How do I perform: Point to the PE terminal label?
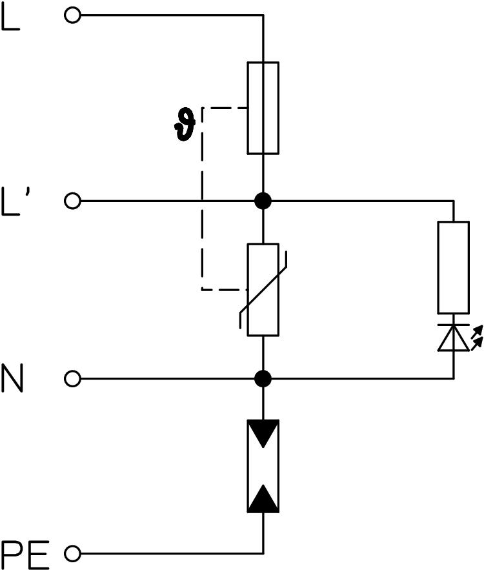coord(25,553)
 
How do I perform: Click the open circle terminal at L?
coord(73,15)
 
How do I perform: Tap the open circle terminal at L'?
coord(73,201)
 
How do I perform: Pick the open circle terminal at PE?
coord(73,553)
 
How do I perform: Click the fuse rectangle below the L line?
coord(263,108)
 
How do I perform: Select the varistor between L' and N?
coord(263,290)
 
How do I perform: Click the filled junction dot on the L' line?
coord(263,201)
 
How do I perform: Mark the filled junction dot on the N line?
coord(263,378)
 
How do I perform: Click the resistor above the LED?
coord(453,267)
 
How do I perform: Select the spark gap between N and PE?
coord(263,465)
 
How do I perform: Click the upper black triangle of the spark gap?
coord(263,433)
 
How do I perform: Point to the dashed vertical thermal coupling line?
coord(202,200)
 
